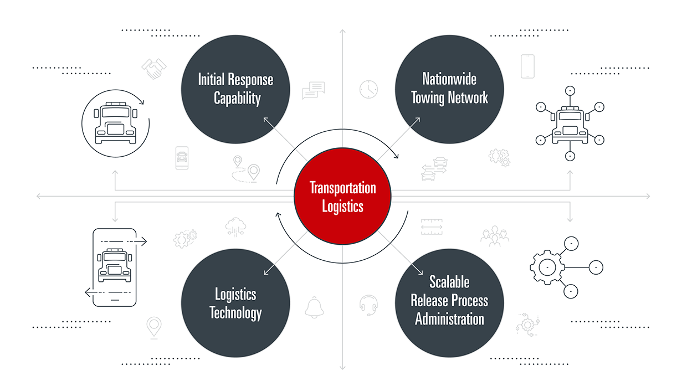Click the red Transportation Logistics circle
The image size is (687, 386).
coord(342,197)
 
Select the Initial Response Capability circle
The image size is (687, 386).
coord(235,89)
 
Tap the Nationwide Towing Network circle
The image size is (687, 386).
coord(449,89)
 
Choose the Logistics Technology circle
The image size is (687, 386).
coord(235,303)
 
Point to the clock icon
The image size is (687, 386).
coord(368,89)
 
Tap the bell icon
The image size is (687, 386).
coord(314,307)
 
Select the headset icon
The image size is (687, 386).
coord(368,304)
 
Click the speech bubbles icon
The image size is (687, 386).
coord(313,90)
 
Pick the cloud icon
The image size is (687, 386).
coord(235,226)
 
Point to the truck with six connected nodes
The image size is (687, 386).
coord(570,122)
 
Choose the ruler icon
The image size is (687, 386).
coord(432,227)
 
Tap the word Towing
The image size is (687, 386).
coord(429,99)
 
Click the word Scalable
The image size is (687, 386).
coord(449,282)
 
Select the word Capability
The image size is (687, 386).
coord(237,99)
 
